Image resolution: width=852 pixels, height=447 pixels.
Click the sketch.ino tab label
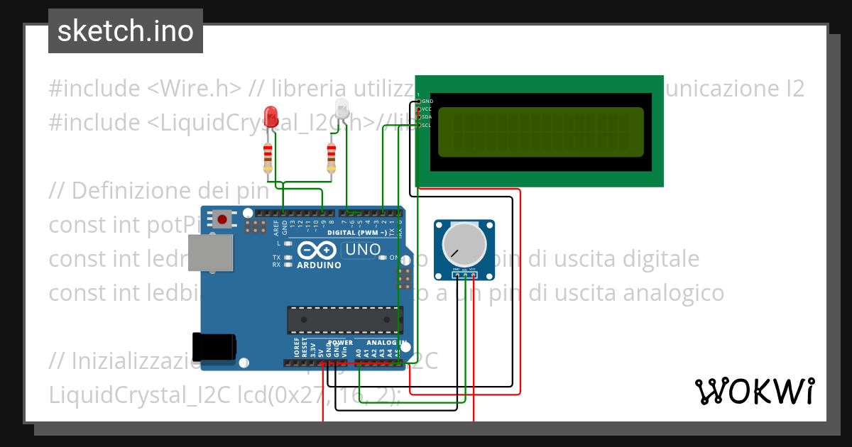[125, 31]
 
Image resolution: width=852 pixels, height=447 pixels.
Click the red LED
[271, 116]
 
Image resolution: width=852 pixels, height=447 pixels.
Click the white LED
[342, 109]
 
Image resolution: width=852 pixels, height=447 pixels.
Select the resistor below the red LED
[268, 158]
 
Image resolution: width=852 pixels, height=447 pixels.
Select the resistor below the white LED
[331, 158]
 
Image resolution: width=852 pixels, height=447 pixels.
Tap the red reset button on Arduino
[223, 219]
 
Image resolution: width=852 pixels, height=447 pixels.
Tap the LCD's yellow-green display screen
[541, 132]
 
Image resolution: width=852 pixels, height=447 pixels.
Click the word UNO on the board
[362, 250]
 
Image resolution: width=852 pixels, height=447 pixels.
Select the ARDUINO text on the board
[319, 265]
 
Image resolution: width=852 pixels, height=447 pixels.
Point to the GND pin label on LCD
[427, 101]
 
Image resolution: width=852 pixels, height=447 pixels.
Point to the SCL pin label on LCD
[427, 125]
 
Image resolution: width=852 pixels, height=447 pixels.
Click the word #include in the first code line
[94, 89]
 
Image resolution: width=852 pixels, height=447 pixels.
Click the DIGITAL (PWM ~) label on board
[357, 233]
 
